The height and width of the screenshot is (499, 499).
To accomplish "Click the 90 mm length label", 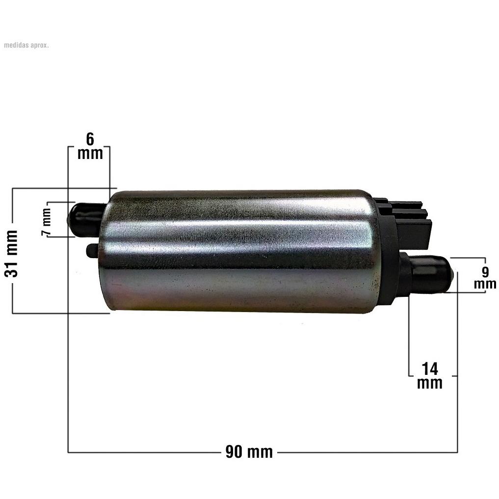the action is pos(249,452).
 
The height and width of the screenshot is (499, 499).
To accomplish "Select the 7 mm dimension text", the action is pos(46,222).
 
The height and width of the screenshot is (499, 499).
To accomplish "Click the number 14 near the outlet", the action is pos(430,368).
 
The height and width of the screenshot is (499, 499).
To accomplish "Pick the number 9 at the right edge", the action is pos(485,272).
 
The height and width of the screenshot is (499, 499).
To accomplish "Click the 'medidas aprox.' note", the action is pos(26,45).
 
